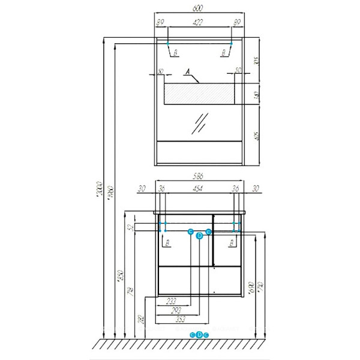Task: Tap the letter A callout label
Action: tap(188, 73)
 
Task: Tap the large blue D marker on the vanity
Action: tap(200, 236)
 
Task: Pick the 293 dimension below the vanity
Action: tap(176, 311)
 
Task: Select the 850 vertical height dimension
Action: tap(121, 277)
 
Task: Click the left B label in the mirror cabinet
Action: tap(175, 53)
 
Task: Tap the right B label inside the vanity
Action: tap(230, 242)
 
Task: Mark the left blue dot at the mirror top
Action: tap(166, 43)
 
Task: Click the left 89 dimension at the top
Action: tap(160, 23)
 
